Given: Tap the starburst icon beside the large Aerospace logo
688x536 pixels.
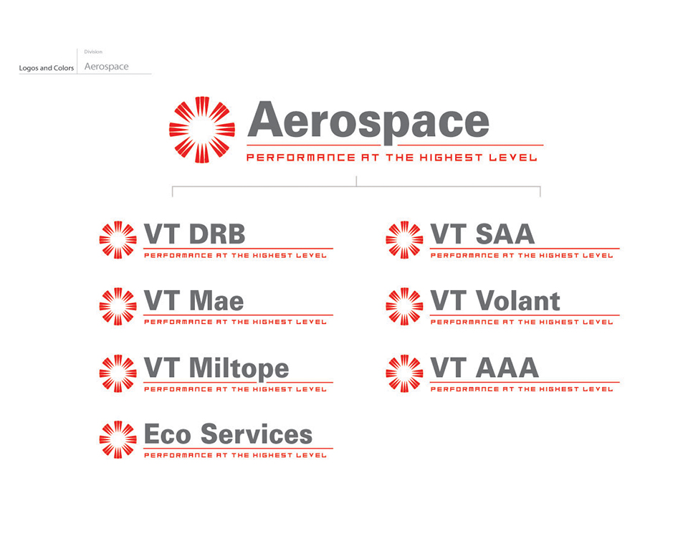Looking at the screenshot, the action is [202, 130].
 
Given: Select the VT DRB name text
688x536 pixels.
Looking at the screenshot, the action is [194, 234].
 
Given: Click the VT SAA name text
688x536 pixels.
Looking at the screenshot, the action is [482, 234].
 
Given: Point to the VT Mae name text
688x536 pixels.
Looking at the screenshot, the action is [193, 301].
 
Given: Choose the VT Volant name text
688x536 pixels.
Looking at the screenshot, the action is [495, 301].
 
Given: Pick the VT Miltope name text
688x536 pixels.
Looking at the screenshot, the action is [216, 369].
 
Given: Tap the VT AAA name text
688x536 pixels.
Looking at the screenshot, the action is [484, 368].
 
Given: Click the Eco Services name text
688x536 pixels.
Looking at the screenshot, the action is [228, 434].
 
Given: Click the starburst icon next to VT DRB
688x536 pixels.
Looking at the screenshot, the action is [118, 240].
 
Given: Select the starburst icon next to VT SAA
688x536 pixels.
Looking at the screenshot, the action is [404, 240].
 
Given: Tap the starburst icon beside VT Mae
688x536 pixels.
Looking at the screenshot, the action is [118, 307].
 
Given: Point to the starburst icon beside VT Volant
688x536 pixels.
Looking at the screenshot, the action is [404, 307].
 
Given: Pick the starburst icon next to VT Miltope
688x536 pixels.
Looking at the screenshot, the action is [118, 373].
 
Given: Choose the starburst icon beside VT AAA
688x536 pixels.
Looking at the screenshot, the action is [404, 373].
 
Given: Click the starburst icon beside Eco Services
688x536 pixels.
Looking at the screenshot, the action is [118, 440].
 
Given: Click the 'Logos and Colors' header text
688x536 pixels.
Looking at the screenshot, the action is [47, 68].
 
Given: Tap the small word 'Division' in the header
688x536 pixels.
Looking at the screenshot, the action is [93, 52].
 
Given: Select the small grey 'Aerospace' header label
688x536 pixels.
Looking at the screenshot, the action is [107, 67].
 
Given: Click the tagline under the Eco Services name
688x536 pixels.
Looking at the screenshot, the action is [235, 455].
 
